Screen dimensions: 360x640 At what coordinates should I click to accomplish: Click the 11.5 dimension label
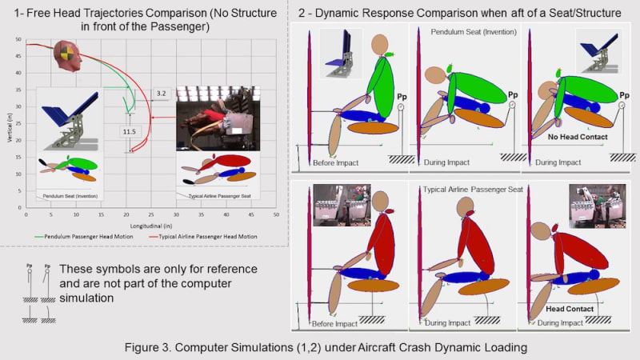point(126,130)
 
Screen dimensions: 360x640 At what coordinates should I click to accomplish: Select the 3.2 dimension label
point(162,94)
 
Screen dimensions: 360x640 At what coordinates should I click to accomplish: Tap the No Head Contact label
point(575,138)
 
